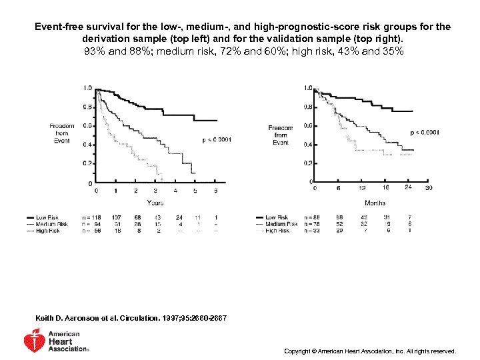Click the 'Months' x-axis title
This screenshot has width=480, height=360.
point(375,203)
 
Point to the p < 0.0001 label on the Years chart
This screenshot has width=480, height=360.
point(217,139)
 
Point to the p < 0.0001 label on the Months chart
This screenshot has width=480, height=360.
point(425,133)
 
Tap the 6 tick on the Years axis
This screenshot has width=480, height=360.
point(215,191)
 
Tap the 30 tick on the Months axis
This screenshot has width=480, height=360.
point(429,188)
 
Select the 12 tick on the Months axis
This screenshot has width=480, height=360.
point(361,188)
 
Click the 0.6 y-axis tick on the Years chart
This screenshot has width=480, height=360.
point(87,125)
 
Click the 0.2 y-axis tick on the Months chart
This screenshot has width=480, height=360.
point(308,163)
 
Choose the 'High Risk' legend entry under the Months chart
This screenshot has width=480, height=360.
point(276,231)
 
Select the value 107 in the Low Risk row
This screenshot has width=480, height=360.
point(116,217)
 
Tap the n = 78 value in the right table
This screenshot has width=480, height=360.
point(311,224)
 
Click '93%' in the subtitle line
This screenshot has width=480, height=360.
point(95,51)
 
